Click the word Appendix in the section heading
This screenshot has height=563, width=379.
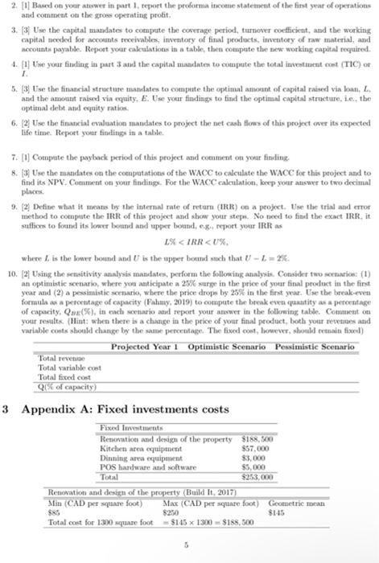(47, 409)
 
